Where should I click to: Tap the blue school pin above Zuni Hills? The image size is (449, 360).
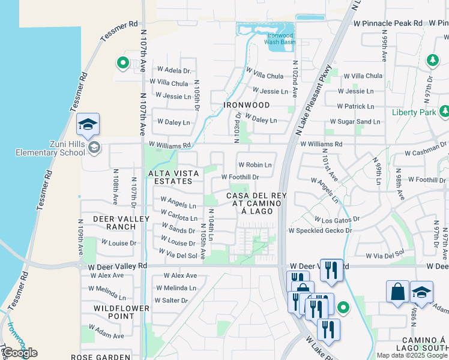[x=88, y=125]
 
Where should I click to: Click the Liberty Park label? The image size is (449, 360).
[x=413, y=112]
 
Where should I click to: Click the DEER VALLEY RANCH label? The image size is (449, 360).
[x=121, y=223]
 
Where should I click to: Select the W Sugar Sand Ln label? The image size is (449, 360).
[x=358, y=122]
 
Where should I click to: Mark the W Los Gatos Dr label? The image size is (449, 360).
[x=337, y=220]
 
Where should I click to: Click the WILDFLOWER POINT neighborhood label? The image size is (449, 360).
[x=121, y=312]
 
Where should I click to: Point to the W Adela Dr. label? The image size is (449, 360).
[x=173, y=71]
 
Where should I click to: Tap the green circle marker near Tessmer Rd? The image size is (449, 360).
[x=122, y=62]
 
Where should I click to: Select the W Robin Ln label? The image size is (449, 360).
[x=255, y=164]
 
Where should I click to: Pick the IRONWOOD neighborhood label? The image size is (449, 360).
[x=247, y=104]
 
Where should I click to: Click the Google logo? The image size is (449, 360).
[x=19, y=352]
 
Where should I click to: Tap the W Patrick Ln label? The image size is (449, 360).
[x=355, y=106]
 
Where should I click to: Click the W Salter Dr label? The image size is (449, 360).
[x=171, y=300]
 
